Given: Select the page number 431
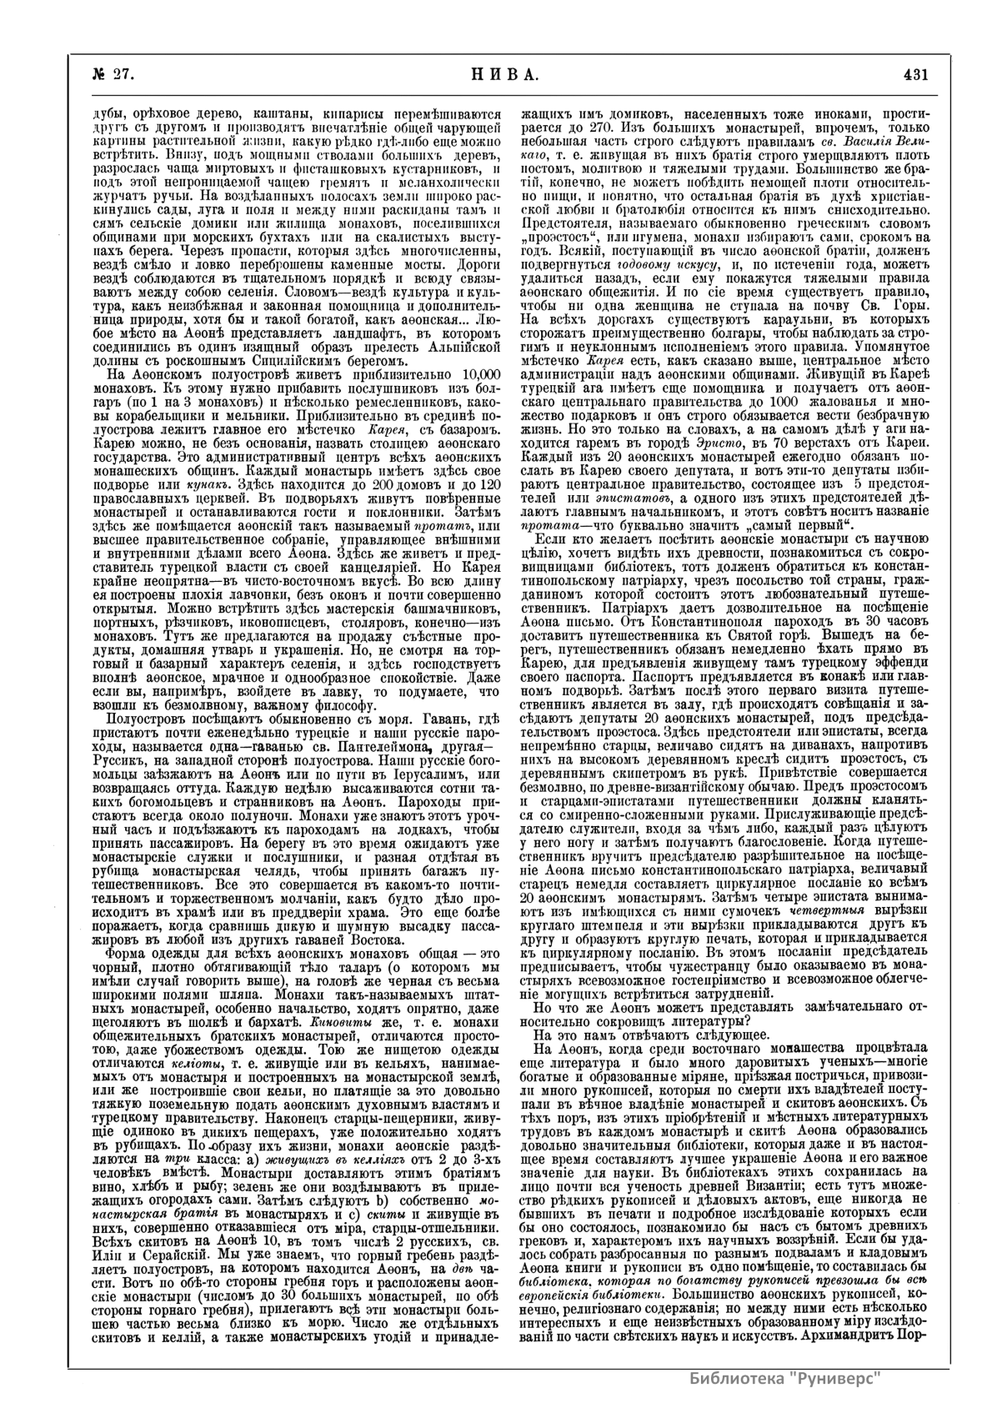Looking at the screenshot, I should click(x=915, y=74).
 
